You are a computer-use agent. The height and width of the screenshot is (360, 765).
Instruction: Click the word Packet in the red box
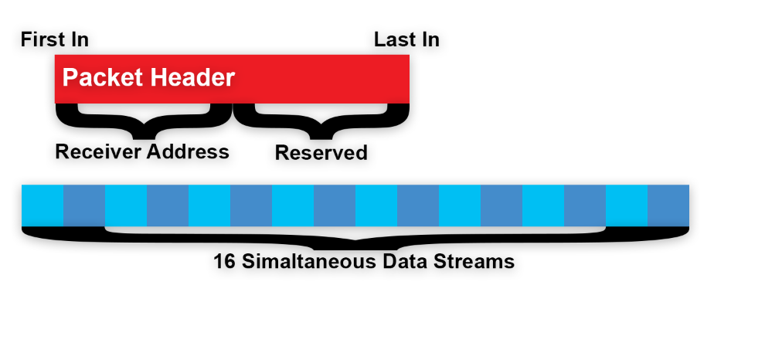pos(97,78)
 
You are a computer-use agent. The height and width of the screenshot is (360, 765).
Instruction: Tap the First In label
pos(54,39)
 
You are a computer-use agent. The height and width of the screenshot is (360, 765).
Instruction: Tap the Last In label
pos(406,39)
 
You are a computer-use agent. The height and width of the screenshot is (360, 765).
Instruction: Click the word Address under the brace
pos(188,151)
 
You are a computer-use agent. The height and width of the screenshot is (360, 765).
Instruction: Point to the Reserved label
pos(321,153)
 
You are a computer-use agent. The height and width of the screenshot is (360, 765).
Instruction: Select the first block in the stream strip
pos(42,205)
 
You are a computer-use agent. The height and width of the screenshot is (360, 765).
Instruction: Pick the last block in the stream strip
pos(668,205)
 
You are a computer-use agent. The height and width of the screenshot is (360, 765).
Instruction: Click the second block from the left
pos(83,205)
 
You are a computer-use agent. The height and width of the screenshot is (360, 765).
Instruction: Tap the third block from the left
pos(125,205)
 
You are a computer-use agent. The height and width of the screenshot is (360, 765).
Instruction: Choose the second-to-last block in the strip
pos(626,205)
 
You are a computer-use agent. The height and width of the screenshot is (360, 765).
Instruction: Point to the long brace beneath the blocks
pos(355,236)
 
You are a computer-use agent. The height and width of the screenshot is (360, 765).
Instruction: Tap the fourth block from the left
pos(167,205)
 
